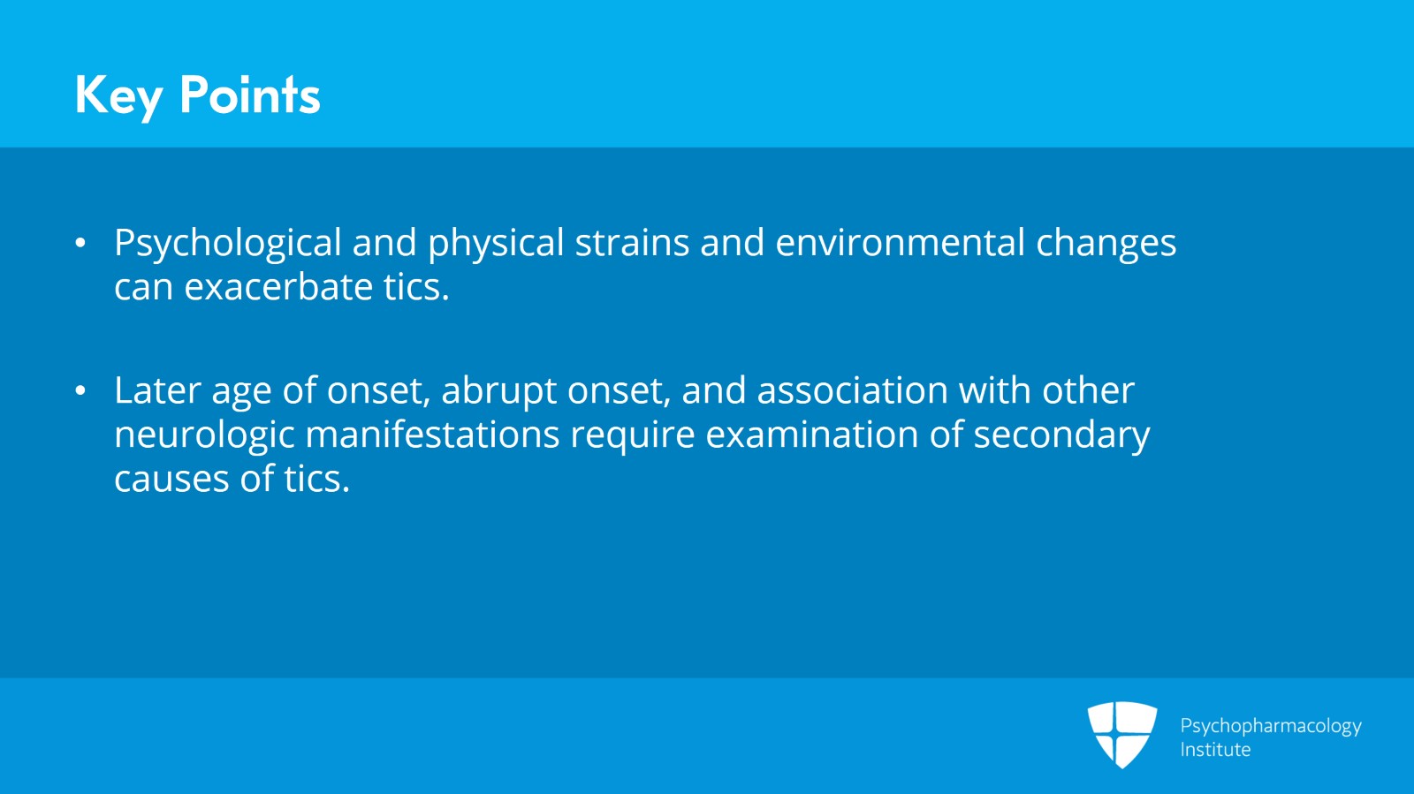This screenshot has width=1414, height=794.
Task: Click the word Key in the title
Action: point(118,95)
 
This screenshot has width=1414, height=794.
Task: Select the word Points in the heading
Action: point(249,95)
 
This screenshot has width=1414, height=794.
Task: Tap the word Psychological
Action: point(227,244)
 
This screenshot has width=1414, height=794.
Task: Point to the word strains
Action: point(631,243)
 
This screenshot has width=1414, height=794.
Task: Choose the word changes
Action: point(1106,244)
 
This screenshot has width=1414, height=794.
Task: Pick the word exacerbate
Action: point(277,287)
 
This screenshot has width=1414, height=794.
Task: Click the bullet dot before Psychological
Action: point(80,243)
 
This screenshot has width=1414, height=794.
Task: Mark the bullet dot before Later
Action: point(80,390)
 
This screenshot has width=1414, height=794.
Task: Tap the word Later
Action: point(157,390)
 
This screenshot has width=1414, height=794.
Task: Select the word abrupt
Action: point(498,391)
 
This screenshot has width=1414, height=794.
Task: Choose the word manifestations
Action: point(432,435)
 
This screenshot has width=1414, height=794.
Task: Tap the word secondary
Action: point(1061,435)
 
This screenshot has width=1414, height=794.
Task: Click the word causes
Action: point(171,480)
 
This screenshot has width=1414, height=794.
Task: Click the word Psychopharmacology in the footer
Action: point(1270,726)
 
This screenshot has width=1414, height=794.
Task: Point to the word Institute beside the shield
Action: point(1215,750)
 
